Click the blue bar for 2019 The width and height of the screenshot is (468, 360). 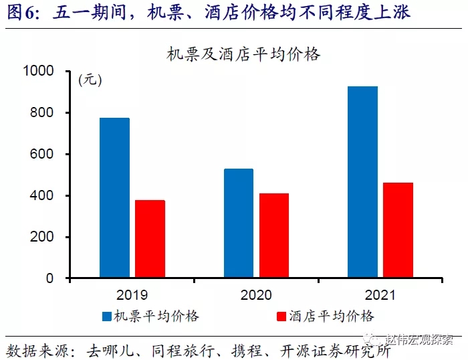click(114, 197)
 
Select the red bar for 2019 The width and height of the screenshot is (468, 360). click(150, 238)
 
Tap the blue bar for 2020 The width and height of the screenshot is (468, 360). click(239, 223)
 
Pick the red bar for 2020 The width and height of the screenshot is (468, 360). click(274, 235)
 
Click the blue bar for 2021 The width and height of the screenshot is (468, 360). click(363, 181)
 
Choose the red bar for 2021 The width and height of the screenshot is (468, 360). click(398, 230)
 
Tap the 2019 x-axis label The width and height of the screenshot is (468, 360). click(132, 294)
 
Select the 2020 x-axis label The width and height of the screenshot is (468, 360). click(256, 294)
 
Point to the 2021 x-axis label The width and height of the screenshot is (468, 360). click(380, 294)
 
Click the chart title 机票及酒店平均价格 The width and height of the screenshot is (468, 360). click(244, 56)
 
